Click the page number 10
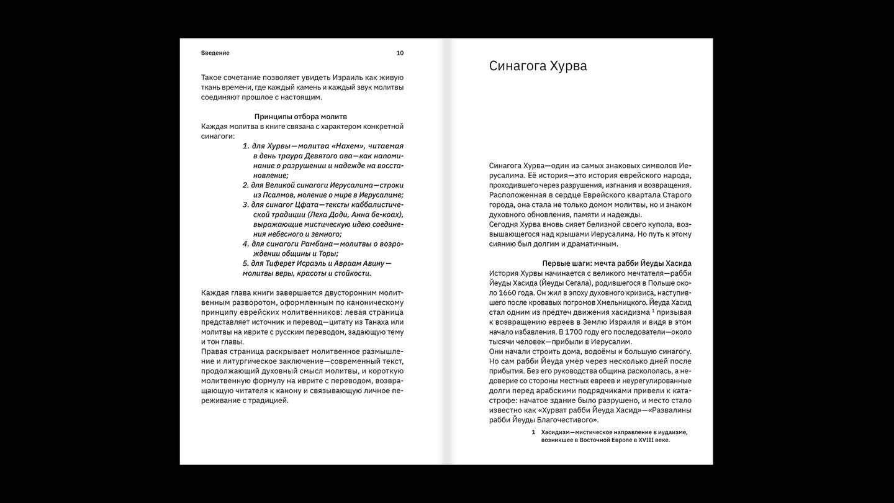click(x=400, y=53)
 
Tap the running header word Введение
click(x=215, y=53)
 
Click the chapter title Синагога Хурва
click(x=538, y=66)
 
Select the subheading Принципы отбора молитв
click(x=300, y=117)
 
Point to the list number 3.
click(x=246, y=204)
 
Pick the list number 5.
click(x=246, y=263)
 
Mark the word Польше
click(x=658, y=283)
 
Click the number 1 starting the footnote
click(x=533, y=432)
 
